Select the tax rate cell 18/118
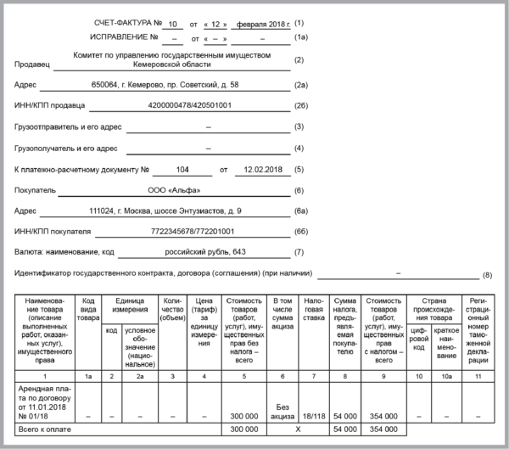(x=313, y=418)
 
